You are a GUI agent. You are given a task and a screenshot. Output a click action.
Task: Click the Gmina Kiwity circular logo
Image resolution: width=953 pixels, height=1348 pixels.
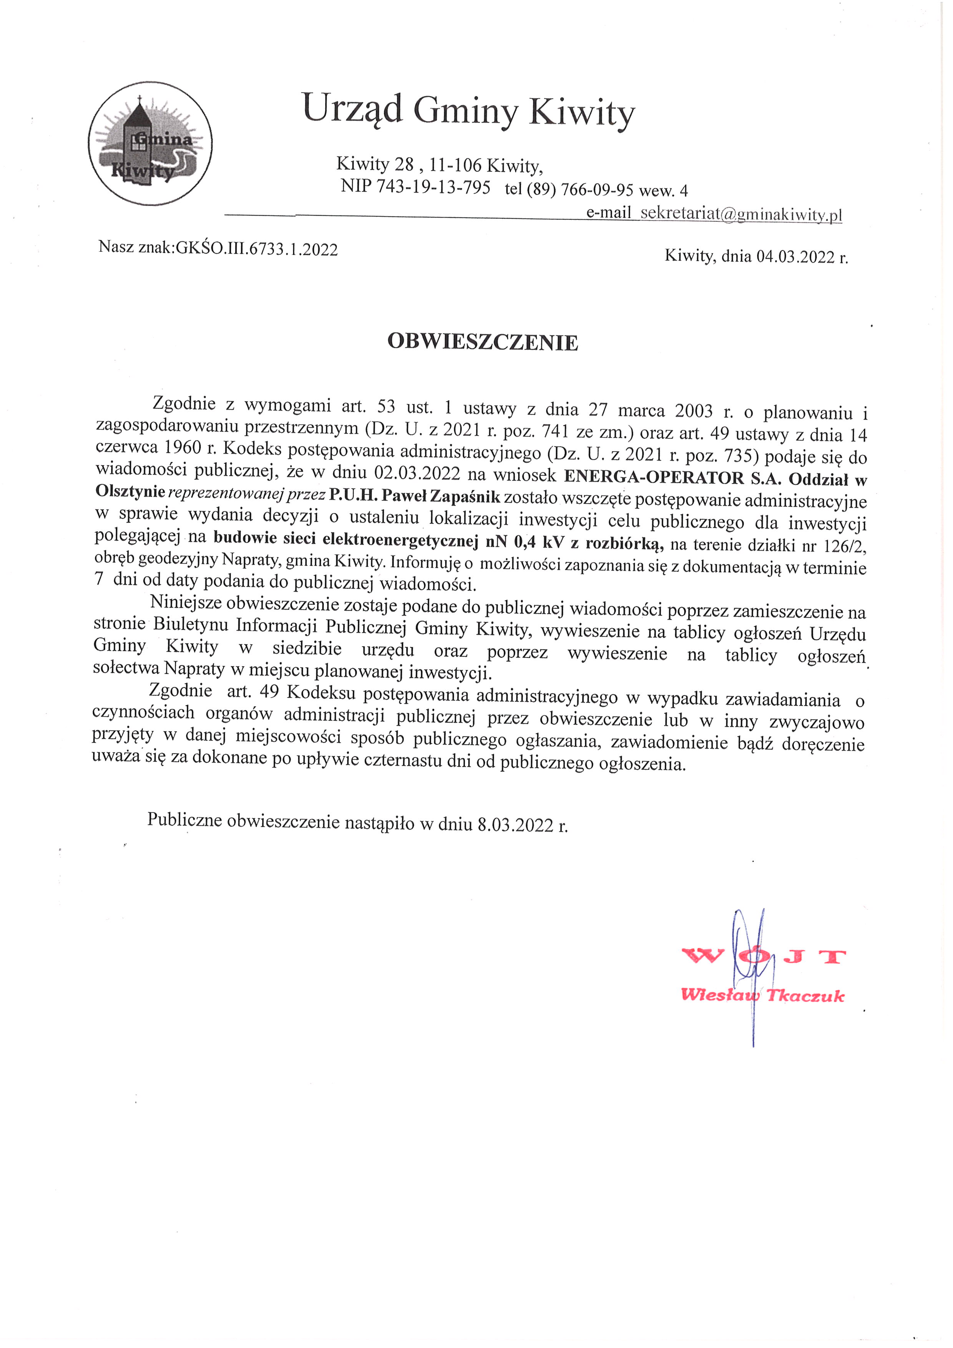(150, 144)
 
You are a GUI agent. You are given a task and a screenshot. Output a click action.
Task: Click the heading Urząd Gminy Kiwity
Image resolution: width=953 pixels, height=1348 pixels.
(468, 110)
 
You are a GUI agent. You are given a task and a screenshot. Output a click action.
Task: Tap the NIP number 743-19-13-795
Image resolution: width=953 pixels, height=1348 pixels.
(433, 187)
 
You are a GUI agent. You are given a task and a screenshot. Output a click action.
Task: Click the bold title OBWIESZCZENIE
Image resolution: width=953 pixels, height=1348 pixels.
(482, 342)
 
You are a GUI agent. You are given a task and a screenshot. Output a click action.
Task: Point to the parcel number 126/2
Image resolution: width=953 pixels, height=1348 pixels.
(844, 546)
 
